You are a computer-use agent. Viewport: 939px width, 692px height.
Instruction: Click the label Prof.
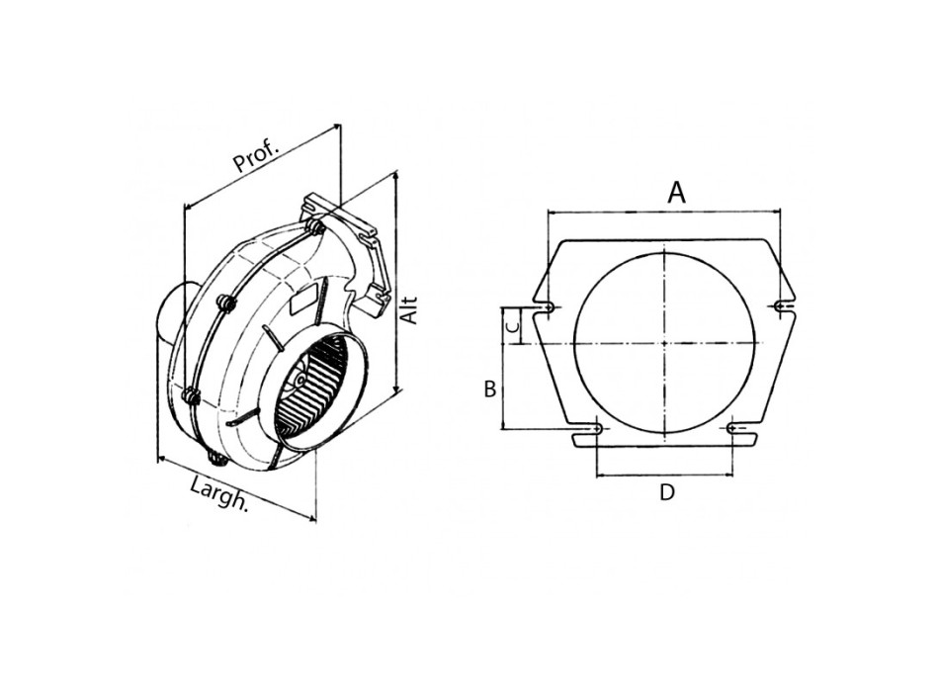click(256, 155)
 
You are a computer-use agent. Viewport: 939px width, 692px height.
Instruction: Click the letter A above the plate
click(676, 192)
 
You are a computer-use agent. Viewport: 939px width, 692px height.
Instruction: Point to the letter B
click(489, 389)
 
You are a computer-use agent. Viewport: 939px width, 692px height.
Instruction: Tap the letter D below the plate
click(667, 492)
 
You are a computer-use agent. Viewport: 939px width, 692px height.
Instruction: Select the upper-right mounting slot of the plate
click(783, 307)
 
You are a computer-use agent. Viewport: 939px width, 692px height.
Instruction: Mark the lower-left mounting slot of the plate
click(597, 429)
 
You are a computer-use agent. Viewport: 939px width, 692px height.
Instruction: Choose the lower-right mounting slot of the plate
click(733, 429)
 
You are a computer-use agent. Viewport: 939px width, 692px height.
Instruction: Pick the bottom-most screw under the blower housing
click(215, 461)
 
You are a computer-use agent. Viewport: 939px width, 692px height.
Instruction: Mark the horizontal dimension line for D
click(664, 475)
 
